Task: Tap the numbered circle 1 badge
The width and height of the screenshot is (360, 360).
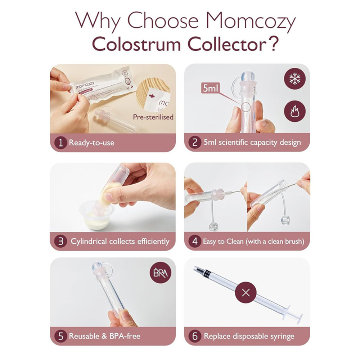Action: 60,143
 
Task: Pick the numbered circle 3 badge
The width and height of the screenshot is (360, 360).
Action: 60,241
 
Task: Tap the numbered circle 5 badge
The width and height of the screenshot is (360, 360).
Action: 60,337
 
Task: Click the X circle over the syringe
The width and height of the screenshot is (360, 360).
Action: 246,292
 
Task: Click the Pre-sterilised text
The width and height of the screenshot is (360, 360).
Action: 153,117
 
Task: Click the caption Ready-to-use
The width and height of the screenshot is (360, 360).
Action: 91,143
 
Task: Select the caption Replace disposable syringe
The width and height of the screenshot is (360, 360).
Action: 249,337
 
